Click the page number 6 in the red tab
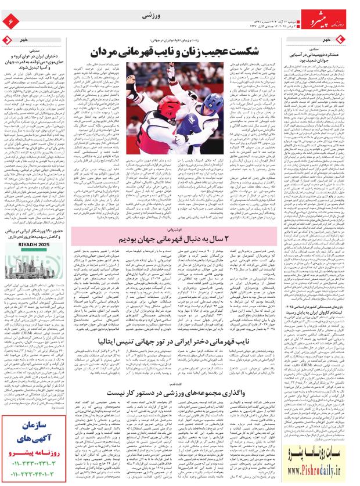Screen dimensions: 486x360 [10, 21]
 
